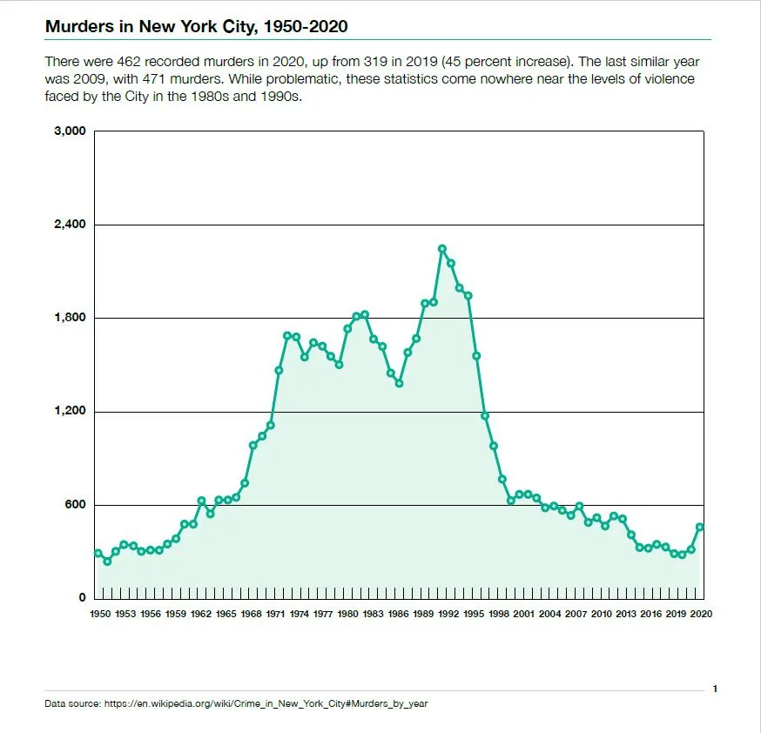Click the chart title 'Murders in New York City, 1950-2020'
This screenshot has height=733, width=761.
[x=196, y=26]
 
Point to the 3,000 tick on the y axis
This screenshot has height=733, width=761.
[x=71, y=131]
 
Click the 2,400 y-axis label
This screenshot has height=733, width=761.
[x=71, y=225]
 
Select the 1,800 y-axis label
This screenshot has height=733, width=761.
[x=71, y=318]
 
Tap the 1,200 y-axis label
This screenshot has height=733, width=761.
[x=71, y=411]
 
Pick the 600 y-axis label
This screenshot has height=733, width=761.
[x=76, y=505]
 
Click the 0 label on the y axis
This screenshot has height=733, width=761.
[x=83, y=598]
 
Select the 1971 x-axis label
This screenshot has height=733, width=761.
[x=277, y=614]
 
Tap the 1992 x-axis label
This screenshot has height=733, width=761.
[x=449, y=614]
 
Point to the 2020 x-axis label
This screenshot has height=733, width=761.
[x=701, y=614]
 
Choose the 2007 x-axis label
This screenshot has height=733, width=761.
[x=576, y=614]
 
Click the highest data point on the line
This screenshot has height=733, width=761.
[x=442, y=249]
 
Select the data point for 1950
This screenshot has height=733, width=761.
[x=98, y=553]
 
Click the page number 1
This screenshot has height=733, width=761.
[x=715, y=689]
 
